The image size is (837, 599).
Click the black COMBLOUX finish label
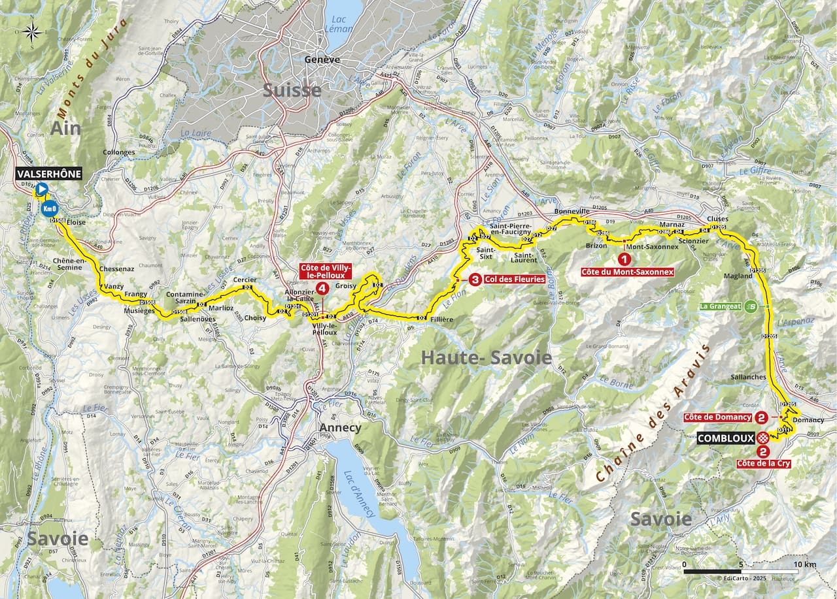point(726,438)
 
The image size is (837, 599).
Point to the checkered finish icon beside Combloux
point(762,438)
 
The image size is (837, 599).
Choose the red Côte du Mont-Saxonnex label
point(627,271)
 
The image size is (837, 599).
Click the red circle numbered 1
point(627,259)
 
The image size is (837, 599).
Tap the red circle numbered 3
point(475,281)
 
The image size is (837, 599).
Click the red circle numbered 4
point(321,288)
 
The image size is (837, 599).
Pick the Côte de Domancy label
point(717,417)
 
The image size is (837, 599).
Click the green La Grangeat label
point(720,306)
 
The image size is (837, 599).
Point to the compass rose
point(33,31)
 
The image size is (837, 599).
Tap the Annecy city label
point(339,428)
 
